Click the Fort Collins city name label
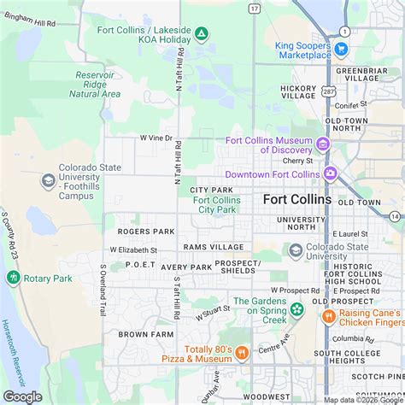point(297,199)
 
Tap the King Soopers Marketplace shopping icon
point(342,50)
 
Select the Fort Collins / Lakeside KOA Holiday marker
point(201,34)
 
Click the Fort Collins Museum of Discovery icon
point(322,144)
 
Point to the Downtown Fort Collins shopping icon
point(330,174)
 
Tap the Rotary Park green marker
point(13,278)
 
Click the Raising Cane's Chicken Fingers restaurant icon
point(327,317)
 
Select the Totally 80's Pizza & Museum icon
point(242,352)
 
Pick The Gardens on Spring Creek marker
point(296,309)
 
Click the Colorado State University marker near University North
point(296,250)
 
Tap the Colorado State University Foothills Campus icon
point(48,179)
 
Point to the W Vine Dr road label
point(156,138)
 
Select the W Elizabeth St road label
point(133,249)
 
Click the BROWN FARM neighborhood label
point(139,334)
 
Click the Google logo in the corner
point(23,396)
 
